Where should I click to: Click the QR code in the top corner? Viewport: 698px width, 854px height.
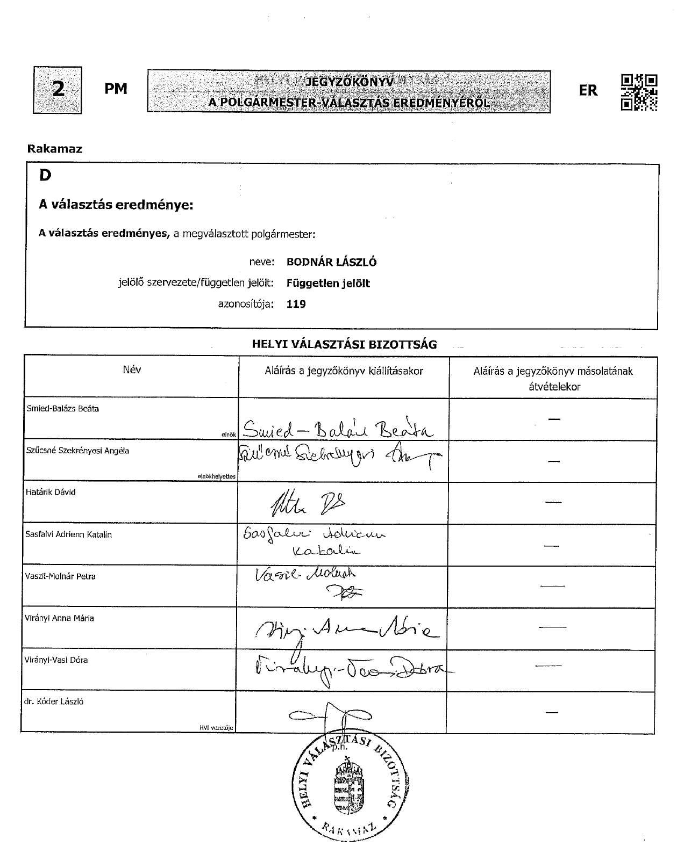pos(639,92)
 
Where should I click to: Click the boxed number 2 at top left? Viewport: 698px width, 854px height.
pos(58,90)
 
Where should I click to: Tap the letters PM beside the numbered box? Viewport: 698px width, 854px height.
pos(116,89)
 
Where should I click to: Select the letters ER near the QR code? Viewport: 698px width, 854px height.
pos(588,91)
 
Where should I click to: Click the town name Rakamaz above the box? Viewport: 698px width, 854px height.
pos(54,149)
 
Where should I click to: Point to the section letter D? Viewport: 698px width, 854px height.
pos(45,175)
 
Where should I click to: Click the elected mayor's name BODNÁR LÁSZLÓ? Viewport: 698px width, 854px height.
pos(331,262)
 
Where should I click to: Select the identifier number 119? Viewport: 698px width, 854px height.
pos(296,304)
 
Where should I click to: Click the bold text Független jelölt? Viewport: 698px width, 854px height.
pos(328,283)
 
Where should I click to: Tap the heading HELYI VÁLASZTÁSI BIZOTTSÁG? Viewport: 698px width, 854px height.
pos(344,344)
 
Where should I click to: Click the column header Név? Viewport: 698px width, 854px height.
pos(132,370)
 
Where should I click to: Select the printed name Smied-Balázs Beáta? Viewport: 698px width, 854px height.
pos(62,408)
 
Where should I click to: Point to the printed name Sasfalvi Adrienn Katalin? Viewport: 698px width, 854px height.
pos(68,534)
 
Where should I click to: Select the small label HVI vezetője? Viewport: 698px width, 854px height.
pos(216,728)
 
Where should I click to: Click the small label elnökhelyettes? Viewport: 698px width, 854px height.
pos(217,476)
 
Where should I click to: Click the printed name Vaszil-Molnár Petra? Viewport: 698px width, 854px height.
pos(60,576)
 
